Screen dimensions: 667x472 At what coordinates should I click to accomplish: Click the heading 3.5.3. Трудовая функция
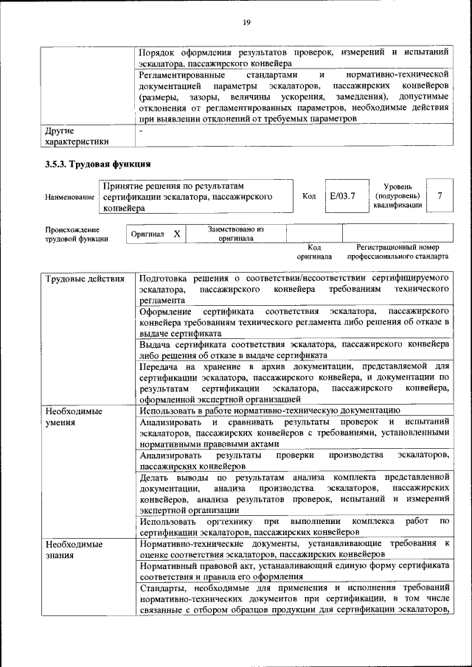(98, 164)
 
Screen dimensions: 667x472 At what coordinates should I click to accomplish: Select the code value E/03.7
(342, 197)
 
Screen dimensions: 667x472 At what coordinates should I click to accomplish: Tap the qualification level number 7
(440, 197)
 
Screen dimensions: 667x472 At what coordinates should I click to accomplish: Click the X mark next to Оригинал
(176, 234)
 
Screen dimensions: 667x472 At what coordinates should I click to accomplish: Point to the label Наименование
(69, 198)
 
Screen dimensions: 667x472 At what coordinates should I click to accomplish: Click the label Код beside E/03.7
(309, 197)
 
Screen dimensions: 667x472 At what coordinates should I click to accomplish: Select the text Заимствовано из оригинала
(235, 234)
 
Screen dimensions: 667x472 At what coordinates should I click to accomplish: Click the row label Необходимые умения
(73, 416)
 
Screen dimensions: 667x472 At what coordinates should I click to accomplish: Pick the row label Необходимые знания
(73, 550)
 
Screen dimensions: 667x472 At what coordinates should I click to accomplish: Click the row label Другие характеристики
(77, 136)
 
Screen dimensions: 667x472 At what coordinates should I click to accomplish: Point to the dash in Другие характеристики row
(141, 130)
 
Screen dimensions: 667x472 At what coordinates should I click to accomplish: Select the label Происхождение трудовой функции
(76, 234)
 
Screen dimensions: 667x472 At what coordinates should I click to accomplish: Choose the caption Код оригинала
(314, 253)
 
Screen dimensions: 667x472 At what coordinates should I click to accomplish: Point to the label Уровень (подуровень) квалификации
(398, 196)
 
